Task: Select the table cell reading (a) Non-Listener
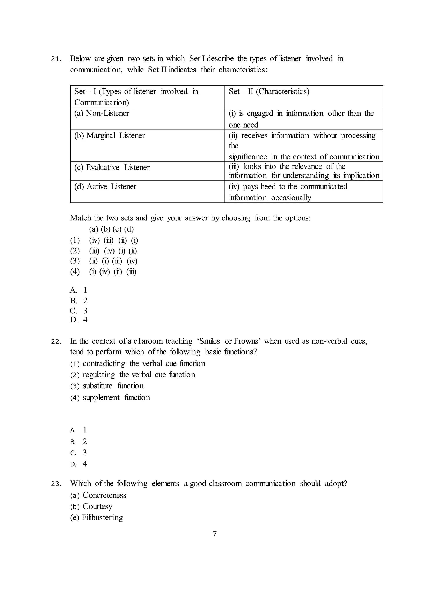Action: click(x=102, y=113)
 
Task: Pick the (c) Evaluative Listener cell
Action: click(x=112, y=168)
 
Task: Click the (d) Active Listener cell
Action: click(x=105, y=187)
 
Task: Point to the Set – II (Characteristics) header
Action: click(x=269, y=91)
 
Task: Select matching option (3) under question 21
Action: click(x=104, y=261)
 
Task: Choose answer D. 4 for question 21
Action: click(x=79, y=320)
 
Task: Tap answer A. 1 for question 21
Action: click(x=79, y=290)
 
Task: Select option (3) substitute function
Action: click(x=107, y=386)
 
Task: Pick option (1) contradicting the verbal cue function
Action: click(x=137, y=364)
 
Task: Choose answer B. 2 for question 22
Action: click(x=79, y=442)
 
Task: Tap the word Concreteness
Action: click(x=104, y=495)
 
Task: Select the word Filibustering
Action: click(x=102, y=518)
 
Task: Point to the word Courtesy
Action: click(x=97, y=506)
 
